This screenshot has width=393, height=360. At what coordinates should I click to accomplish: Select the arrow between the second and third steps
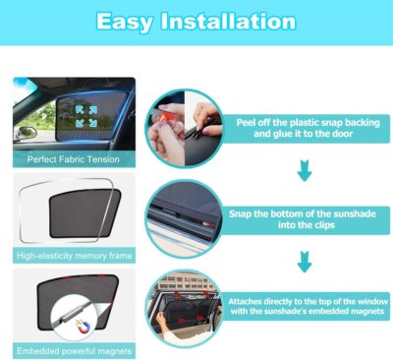tap(304, 263)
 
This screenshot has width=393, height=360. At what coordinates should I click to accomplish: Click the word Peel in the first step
tap(248, 119)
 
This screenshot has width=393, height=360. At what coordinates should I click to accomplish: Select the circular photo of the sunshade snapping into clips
tap(185, 217)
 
